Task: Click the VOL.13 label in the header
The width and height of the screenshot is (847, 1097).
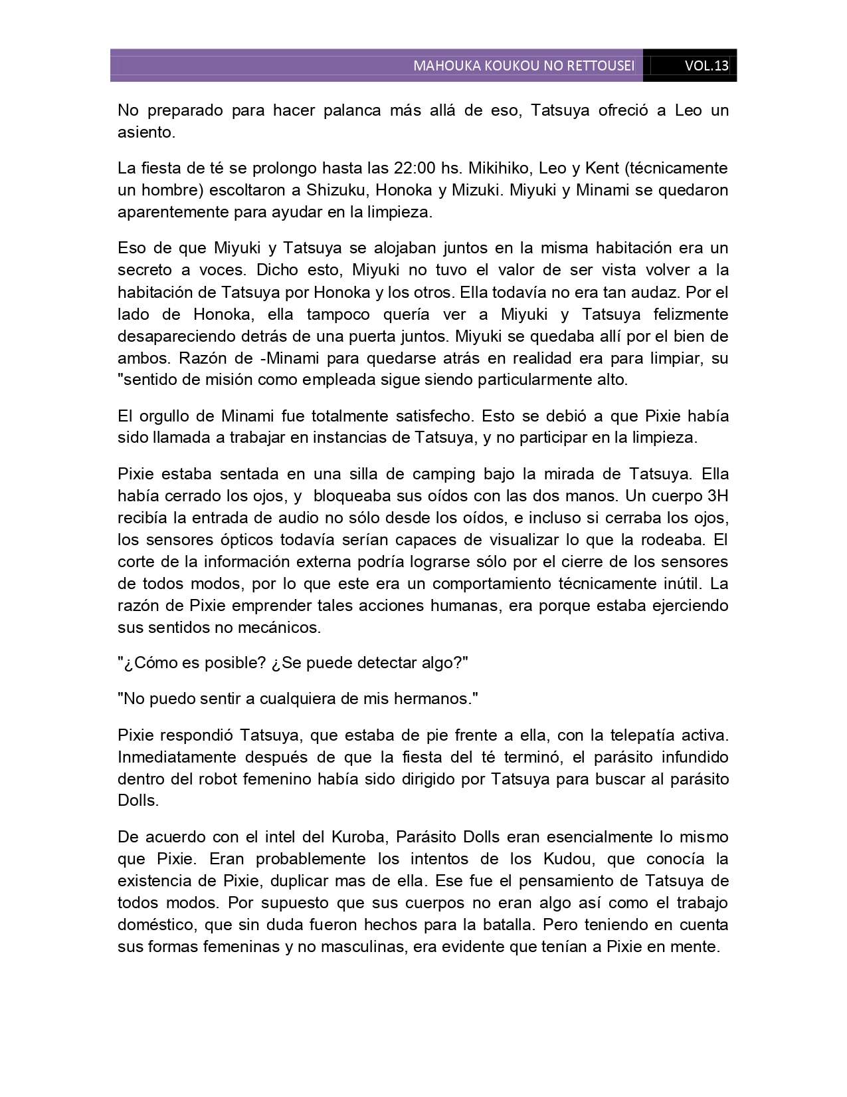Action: click(706, 66)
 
